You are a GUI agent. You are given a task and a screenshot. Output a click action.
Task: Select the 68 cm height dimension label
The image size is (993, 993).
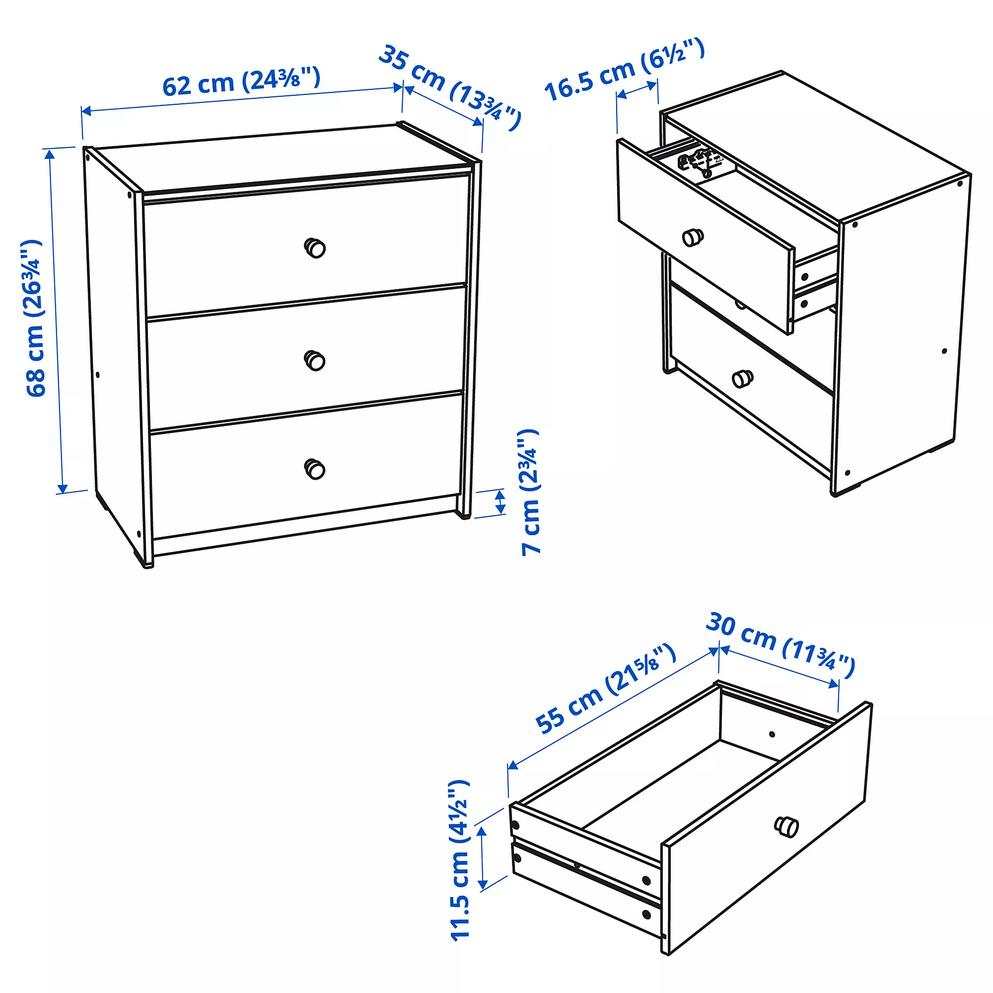point(34,318)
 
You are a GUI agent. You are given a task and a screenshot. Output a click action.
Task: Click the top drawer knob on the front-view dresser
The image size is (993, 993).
point(315,248)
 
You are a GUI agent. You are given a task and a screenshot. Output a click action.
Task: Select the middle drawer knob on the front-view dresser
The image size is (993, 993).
point(315,360)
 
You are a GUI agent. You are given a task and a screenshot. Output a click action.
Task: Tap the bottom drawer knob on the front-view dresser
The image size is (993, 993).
point(315,469)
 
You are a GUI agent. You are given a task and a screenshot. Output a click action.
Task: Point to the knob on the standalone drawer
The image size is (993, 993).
point(786,827)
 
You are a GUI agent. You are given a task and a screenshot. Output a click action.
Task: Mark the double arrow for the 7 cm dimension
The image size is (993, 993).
point(499,502)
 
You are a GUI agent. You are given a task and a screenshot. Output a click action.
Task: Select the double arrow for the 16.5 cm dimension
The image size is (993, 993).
point(637,90)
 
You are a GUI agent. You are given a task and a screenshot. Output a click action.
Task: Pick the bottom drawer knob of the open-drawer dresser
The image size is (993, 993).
point(743,378)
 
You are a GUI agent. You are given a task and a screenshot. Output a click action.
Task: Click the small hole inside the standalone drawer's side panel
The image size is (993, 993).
point(772,734)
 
